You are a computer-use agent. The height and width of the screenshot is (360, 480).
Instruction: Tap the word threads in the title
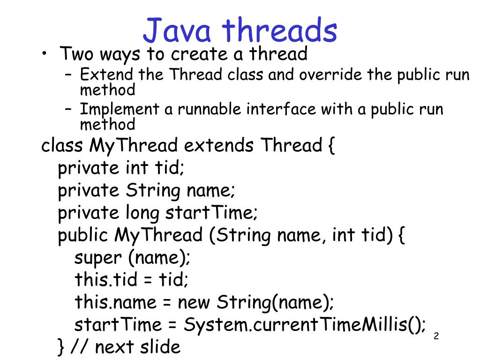pos(280,30)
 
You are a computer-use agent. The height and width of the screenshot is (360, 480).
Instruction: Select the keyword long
pos(142,213)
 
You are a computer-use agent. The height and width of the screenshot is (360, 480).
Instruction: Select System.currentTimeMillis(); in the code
pos(305,325)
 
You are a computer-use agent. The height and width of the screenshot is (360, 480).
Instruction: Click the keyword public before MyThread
pos(83,236)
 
